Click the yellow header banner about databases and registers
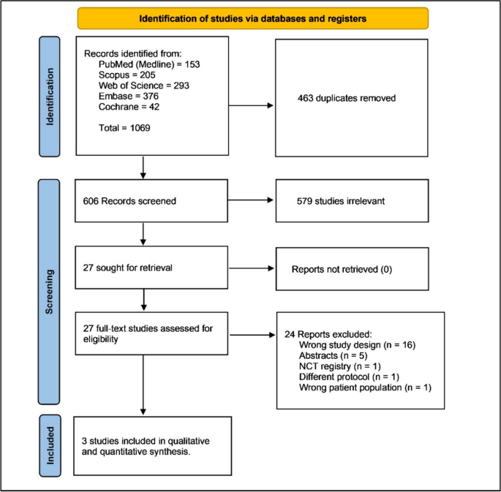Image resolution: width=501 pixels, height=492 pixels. point(252,18)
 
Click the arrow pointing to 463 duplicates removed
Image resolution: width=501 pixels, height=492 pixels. point(252,106)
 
